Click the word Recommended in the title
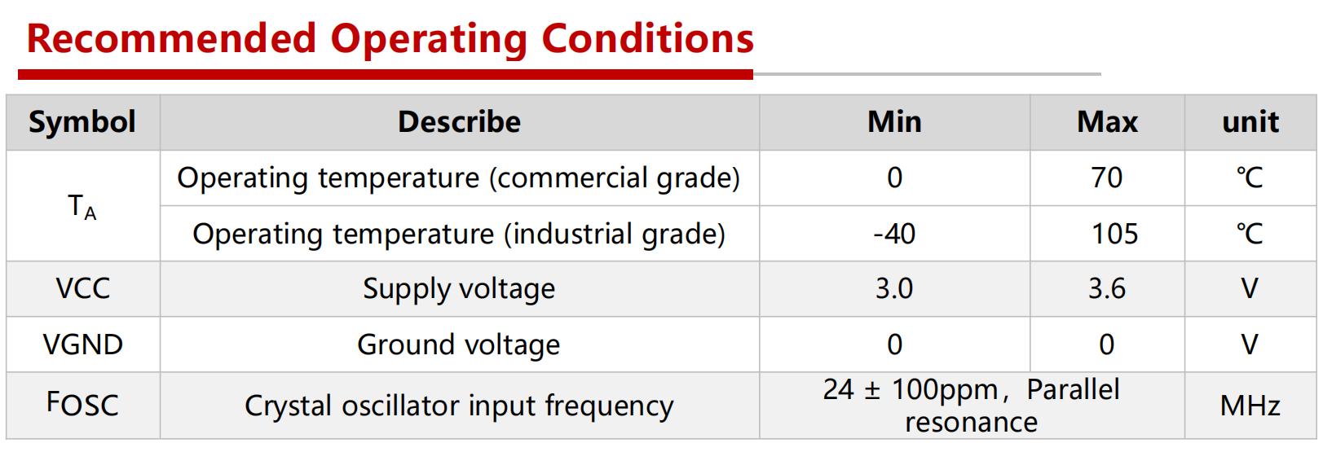point(172,39)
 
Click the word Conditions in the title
point(648,39)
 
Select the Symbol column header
point(82,123)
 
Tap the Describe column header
point(460,122)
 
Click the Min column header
point(894,122)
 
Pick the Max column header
point(1107,122)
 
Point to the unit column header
point(1250,122)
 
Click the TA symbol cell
point(82,207)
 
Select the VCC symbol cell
point(82,289)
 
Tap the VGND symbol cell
point(82,344)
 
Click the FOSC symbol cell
point(82,405)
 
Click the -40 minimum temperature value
point(894,234)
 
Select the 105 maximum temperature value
point(1114,234)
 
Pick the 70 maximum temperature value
point(1107,178)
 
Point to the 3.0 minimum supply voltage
point(894,289)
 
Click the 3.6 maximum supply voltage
point(1107,289)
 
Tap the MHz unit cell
point(1250,406)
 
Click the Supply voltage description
point(459,290)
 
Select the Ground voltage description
point(459,345)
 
